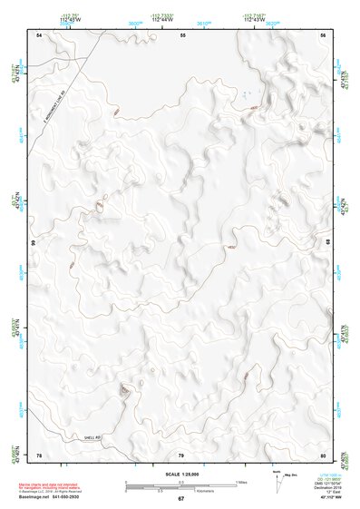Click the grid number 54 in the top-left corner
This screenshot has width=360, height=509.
pos(39,34)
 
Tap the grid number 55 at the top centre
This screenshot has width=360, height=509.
pos(182,34)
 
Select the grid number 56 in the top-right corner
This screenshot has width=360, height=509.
pos(324,34)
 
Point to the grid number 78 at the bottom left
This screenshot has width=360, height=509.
pos(39,455)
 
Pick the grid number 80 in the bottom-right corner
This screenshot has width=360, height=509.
pos(323,455)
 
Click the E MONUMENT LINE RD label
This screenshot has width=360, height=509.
pos(54,107)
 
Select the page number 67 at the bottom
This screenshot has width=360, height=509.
pos(180,499)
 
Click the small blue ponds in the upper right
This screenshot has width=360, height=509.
pos(246,93)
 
